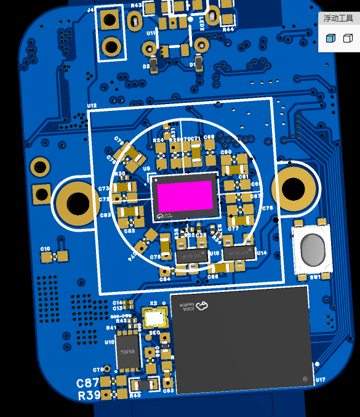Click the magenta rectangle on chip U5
[185, 196]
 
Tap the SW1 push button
[313, 250]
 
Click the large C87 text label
[87, 383]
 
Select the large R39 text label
[90, 396]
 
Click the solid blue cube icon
[331, 38]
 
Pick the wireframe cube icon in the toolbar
[348, 38]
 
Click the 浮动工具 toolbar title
[338, 18]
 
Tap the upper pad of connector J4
[110, 20]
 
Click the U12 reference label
[92, 106]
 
